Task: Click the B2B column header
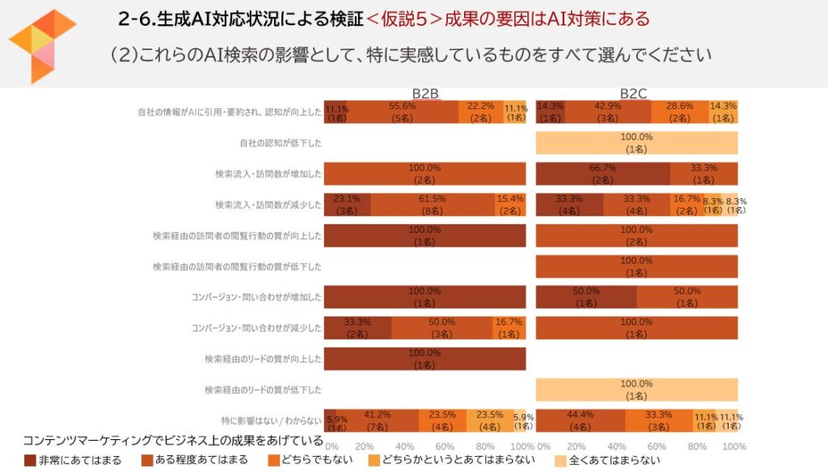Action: click(x=425, y=93)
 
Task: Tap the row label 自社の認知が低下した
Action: click(x=281, y=143)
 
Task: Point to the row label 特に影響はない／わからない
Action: click(x=272, y=420)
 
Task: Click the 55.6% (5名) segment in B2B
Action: click(x=402, y=112)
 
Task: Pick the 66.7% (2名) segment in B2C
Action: click(x=603, y=174)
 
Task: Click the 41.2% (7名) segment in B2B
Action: click(x=378, y=420)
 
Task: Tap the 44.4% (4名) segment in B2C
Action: click(x=581, y=420)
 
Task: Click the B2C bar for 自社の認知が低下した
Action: click(x=636, y=143)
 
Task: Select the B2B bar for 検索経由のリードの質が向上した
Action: click(x=425, y=359)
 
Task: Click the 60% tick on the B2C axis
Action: click(x=657, y=446)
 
